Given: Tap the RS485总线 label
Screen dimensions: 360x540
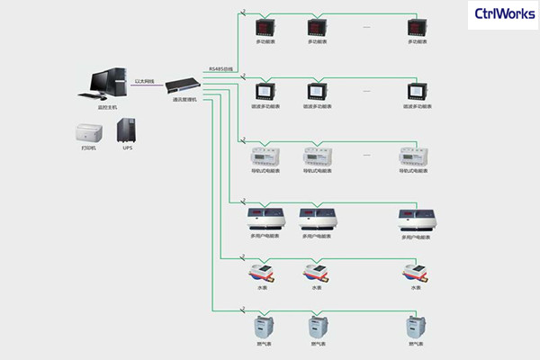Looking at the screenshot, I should click(x=220, y=68).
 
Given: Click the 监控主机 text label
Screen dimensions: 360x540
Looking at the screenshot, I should click(x=108, y=107).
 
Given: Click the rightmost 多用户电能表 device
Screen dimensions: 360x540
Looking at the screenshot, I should click(x=418, y=219).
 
